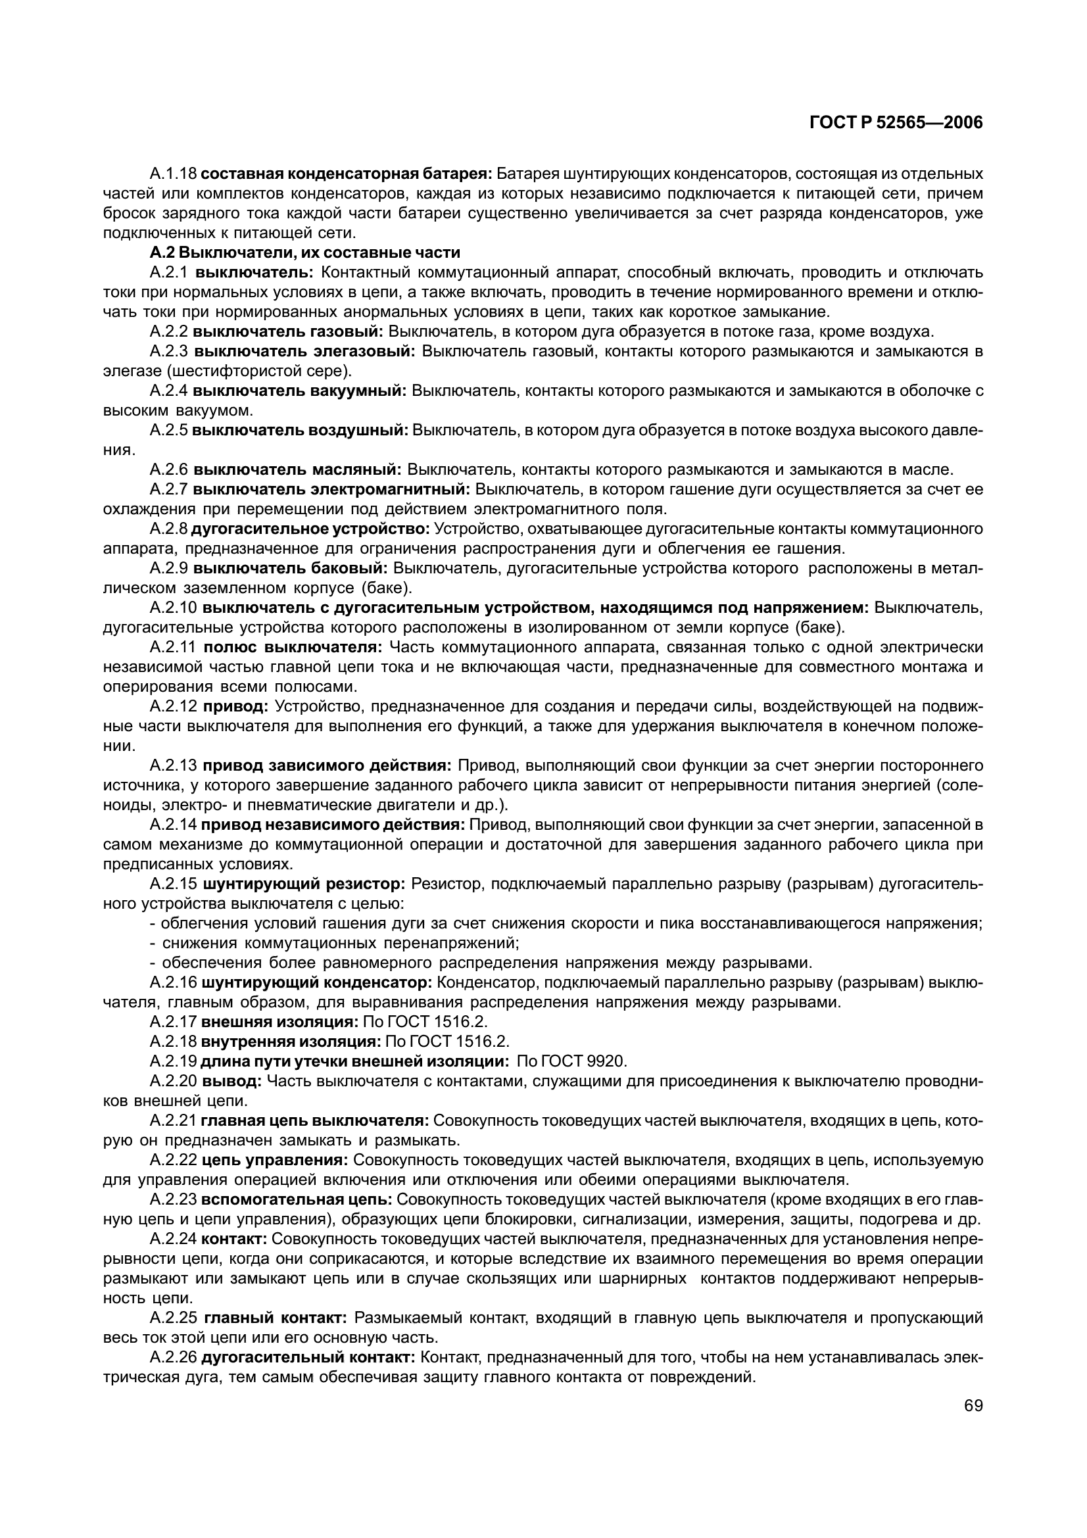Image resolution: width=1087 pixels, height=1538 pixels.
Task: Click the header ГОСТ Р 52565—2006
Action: click(x=896, y=122)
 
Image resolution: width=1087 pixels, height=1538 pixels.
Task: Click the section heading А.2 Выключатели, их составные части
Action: click(x=304, y=252)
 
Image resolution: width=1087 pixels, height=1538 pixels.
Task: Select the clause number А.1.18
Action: click(x=173, y=174)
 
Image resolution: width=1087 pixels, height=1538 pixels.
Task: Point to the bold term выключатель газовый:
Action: click(x=288, y=331)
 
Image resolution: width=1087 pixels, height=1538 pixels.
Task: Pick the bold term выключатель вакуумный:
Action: click(x=299, y=391)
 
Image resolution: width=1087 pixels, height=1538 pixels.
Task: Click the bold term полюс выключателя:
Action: click(x=292, y=647)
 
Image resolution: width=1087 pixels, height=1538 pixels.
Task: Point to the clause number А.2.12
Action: click(x=173, y=706)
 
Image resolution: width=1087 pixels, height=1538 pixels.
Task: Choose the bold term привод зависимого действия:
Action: click(x=327, y=765)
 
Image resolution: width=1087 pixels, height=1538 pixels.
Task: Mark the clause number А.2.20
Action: click(x=173, y=1081)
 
